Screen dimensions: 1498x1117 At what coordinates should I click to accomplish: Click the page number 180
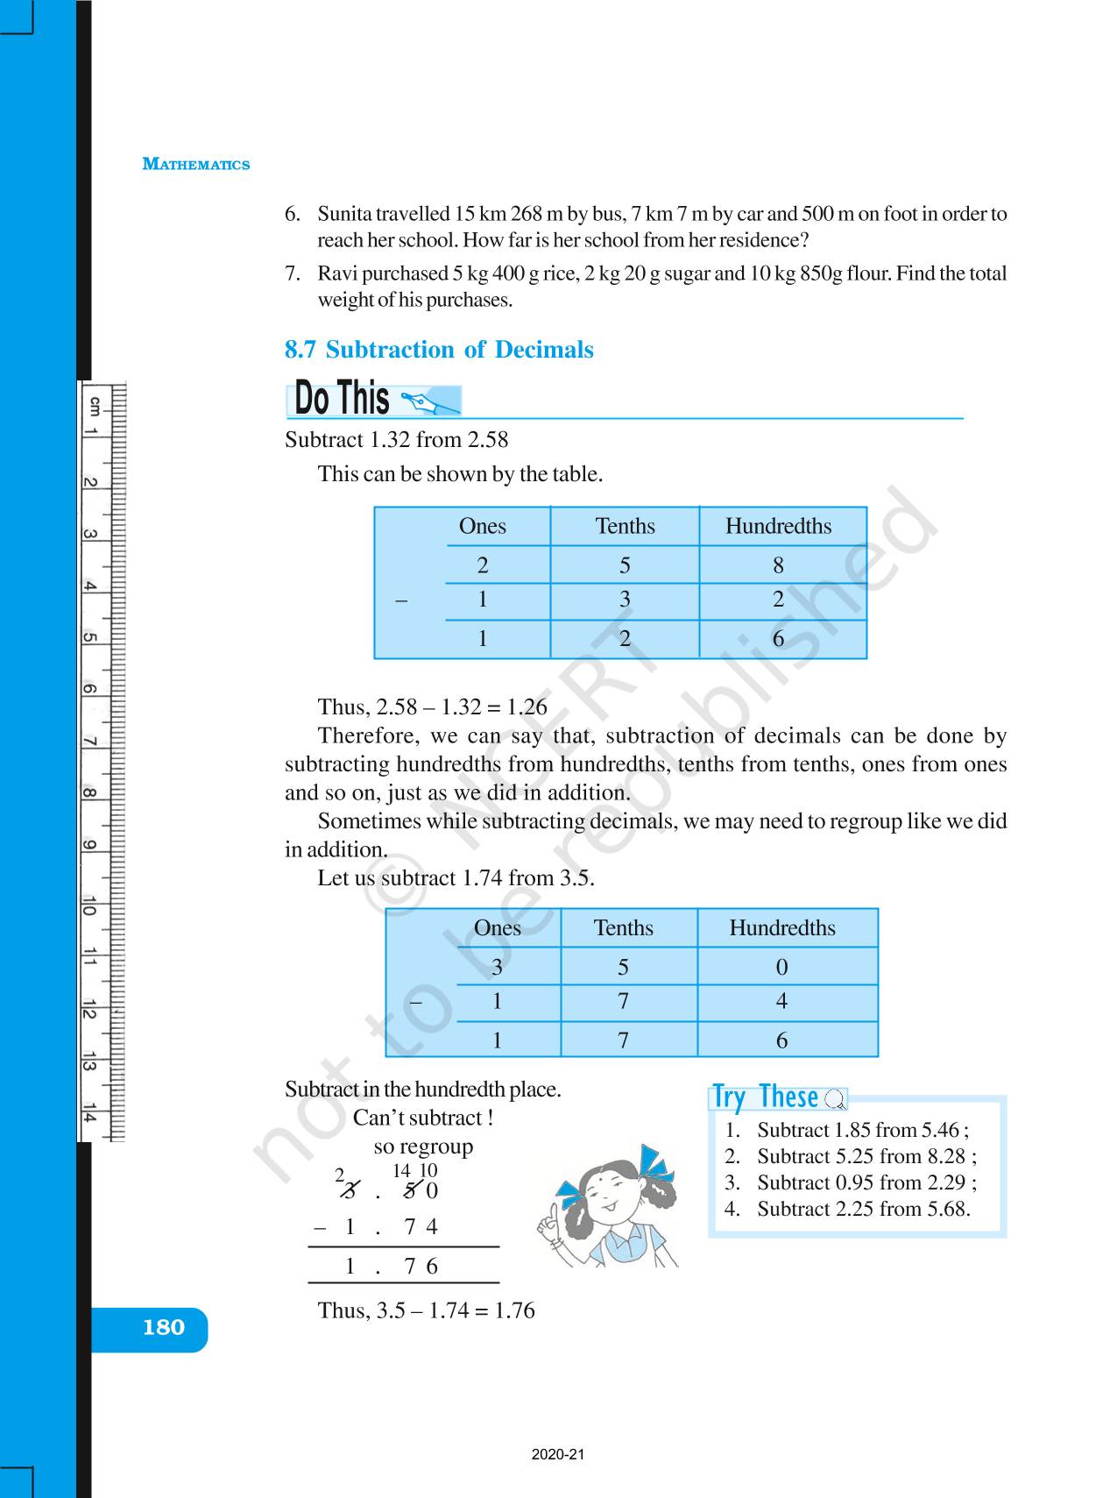click(x=164, y=1328)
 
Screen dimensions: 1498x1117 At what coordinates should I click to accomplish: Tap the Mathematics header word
click(x=196, y=165)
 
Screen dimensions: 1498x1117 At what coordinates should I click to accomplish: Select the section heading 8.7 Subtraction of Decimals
click(x=439, y=350)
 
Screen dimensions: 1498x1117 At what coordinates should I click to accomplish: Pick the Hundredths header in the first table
click(x=778, y=526)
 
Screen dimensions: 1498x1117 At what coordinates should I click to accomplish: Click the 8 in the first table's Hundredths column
click(x=778, y=565)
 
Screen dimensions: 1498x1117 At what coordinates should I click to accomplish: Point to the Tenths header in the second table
click(x=623, y=927)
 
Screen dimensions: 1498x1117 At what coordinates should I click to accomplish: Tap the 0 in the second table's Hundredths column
click(x=781, y=967)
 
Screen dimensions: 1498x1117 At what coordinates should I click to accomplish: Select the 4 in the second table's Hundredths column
click(x=781, y=1001)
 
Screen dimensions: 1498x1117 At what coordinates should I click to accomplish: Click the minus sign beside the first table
click(x=401, y=601)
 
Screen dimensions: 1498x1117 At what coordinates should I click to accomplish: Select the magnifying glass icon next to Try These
click(x=836, y=1099)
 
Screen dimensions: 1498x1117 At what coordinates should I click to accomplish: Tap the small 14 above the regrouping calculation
click(x=401, y=1171)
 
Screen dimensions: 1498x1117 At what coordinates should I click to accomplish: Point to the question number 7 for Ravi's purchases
click(x=293, y=273)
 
